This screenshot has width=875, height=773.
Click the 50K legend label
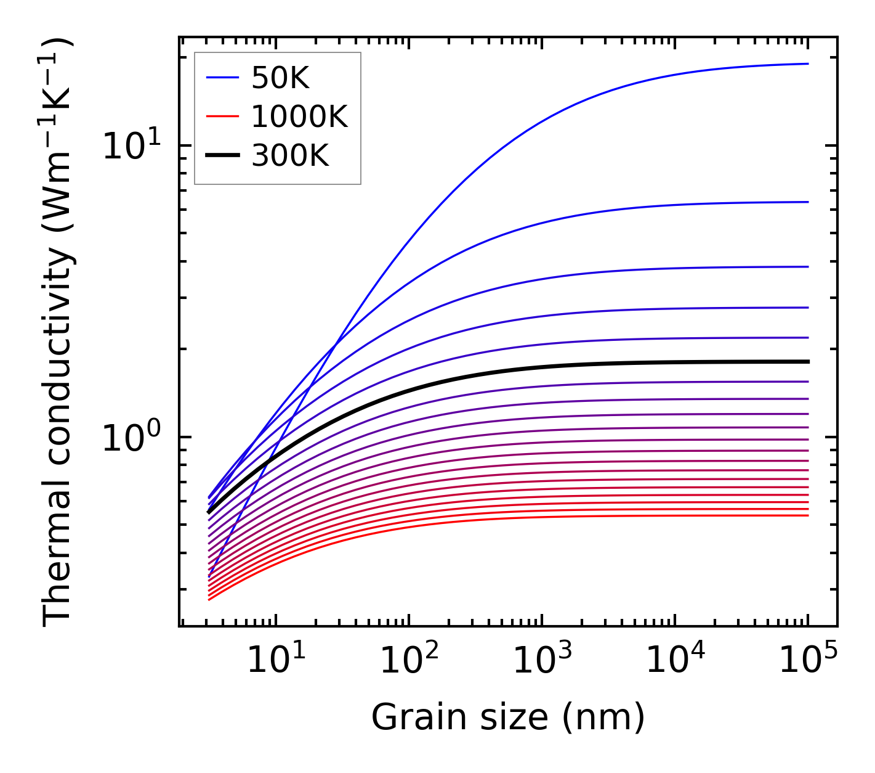tap(280, 78)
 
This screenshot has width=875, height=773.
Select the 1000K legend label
tap(299, 117)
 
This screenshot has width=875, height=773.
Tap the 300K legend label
tap(290, 156)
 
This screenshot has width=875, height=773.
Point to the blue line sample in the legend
tap(222, 78)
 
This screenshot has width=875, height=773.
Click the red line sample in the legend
tap(222, 117)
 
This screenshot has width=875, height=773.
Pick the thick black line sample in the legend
tap(222, 155)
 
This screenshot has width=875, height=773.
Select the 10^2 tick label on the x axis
tap(409, 661)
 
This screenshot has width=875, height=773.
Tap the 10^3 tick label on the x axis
tap(542, 661)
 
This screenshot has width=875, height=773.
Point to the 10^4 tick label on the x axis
tap(675, 661)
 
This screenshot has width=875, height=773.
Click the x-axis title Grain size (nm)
tap(507, 718)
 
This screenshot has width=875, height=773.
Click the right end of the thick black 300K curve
tap(807, 361)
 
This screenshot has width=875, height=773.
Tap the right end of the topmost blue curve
tap(807, 63)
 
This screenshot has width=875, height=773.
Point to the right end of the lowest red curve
tap(807, 515)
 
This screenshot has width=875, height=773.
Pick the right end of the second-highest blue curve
tap(807, 202)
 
